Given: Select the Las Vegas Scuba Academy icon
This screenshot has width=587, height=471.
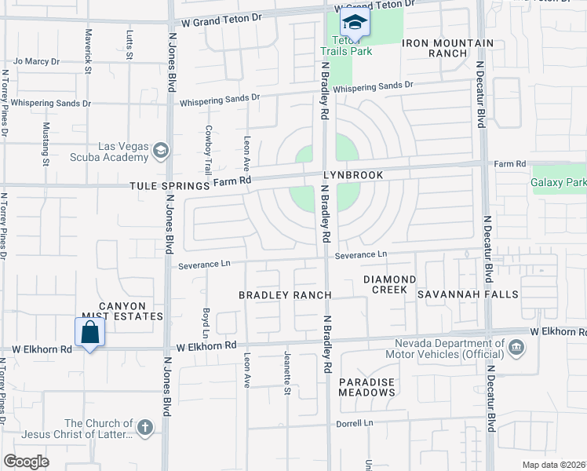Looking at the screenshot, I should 161,149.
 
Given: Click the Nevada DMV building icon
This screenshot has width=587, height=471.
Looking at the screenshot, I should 516,347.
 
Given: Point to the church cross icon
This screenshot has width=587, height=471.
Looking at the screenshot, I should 144,428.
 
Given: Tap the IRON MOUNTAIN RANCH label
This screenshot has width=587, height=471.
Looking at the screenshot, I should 448,49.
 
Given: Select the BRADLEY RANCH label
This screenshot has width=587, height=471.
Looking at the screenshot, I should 285,294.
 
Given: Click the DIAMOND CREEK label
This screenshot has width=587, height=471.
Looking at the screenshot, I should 389,284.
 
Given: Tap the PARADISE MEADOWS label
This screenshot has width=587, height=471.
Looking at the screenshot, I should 366,386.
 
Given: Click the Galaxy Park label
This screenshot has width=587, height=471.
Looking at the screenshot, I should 559,183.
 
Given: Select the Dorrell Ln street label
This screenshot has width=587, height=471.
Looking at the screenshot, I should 356,422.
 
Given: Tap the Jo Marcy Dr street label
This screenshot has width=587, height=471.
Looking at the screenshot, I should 37,60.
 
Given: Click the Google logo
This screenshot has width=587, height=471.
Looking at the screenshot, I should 26,462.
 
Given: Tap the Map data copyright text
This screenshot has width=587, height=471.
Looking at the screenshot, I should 554,465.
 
